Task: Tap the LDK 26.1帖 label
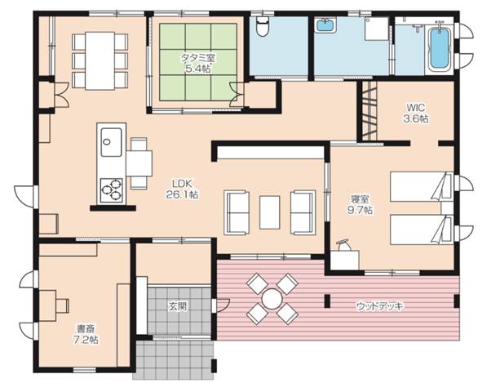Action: tap(185, 189)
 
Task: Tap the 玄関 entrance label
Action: tap(177, 306)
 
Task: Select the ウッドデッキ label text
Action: tap(380, 305)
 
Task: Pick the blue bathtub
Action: tap(438, 48)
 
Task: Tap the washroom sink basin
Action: tap(324, 25)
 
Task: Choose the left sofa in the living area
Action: tap(237, 212)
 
